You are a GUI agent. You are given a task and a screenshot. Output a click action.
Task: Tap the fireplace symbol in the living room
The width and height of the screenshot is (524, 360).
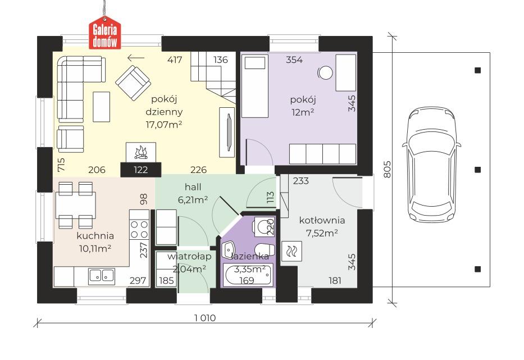click(x=140, y=152)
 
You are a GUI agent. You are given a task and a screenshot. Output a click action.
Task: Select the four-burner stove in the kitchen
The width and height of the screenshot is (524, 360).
click(x=139, y=229)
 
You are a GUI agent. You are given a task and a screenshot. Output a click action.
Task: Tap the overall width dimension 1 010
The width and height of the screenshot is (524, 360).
click(x=205, y=318)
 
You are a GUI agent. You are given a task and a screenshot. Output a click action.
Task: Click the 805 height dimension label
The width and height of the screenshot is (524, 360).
click(x=387, y=169)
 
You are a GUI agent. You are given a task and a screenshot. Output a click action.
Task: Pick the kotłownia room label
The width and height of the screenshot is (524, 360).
click(x=322, y=220)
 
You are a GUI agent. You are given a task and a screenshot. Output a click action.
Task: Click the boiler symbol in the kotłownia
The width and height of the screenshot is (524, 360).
click(x=293, y=252)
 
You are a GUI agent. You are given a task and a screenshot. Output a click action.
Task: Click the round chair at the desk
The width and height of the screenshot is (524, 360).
click(x=325, y=72)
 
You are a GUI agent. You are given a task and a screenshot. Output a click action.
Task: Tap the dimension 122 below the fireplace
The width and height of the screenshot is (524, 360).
click(x=140, y=170)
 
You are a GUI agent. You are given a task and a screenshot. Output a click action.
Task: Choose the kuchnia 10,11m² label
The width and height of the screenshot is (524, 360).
click(x=95, y=241)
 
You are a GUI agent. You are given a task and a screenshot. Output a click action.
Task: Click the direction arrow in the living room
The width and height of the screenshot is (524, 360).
click(x=135, y=57)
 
